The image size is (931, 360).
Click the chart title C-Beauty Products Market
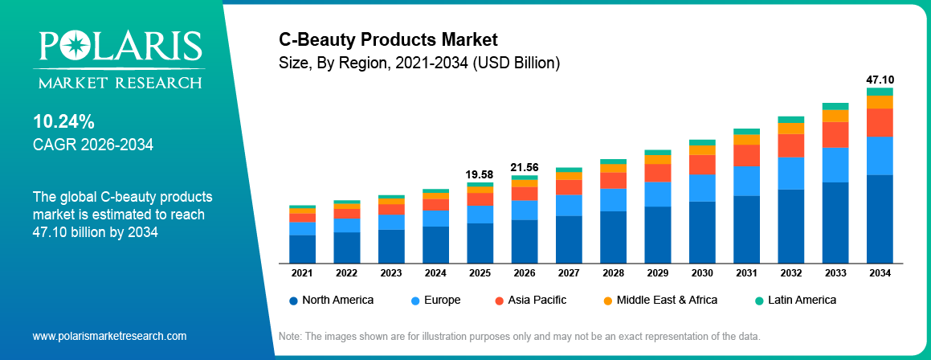coord(388,39)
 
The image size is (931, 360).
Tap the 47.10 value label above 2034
coord(880,80)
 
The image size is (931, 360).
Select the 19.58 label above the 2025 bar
coord(480,174)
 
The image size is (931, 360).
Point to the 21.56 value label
coord(524,167)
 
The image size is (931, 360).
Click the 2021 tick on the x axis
coord(302,273)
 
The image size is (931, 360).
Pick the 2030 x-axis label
coord(702,273)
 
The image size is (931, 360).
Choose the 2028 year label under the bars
coord(613,273)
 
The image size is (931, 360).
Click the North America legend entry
coord(331,300)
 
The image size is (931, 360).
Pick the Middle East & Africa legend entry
coord(659,300)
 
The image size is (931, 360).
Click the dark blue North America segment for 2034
coord(880,219)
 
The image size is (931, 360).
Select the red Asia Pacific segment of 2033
coord(835,134)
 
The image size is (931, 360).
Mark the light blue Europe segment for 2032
coord(790,173)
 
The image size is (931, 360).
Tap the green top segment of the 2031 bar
coord(746,131)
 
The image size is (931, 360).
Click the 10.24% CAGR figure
coord(63,122)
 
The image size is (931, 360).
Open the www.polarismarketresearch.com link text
coord(109,336)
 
